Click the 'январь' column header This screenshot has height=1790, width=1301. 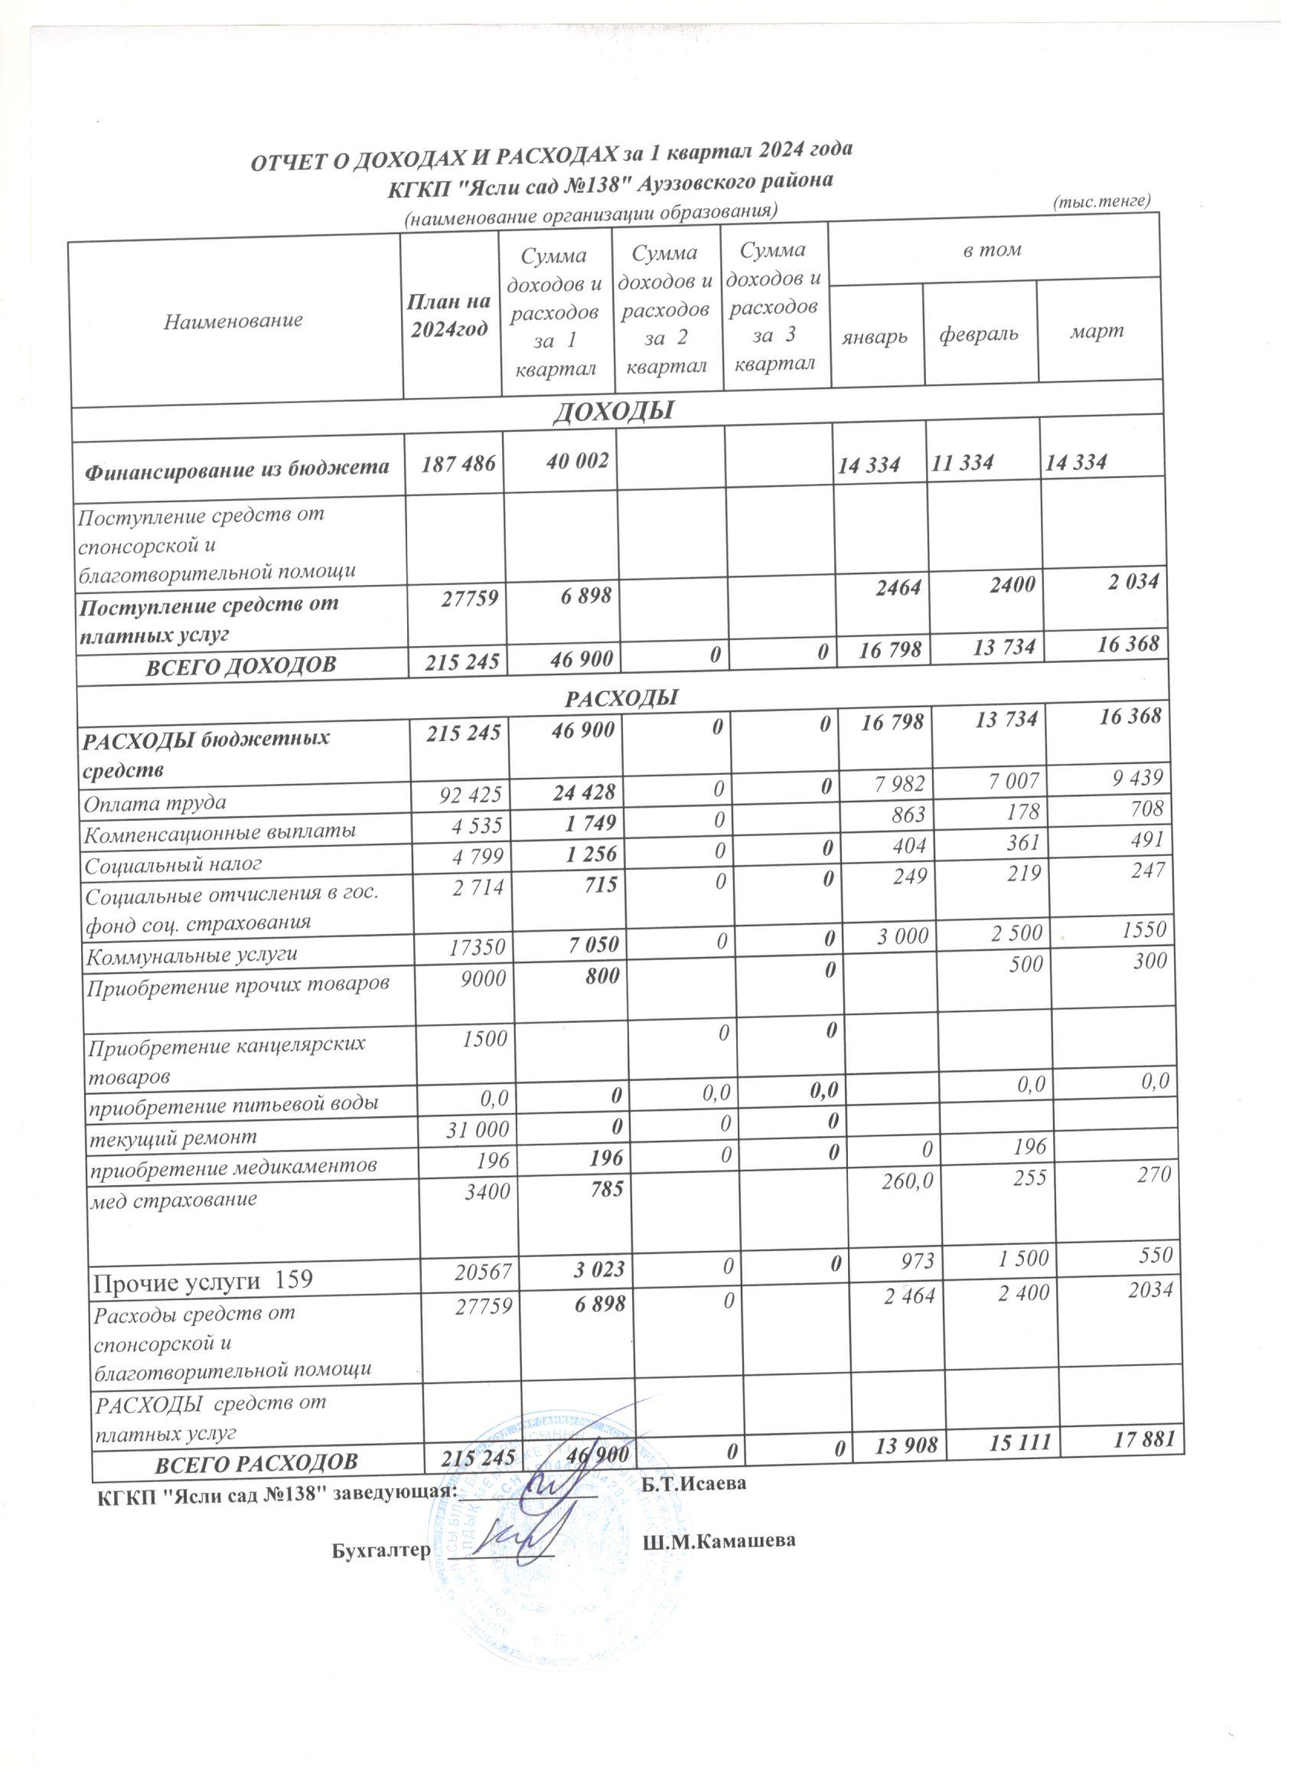tap(875, 336)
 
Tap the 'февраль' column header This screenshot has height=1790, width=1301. tap(978, 334)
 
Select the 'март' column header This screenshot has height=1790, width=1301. tap(1097, 331)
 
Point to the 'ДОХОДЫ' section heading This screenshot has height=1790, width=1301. tap(614, 410)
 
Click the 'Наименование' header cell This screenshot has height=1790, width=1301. tap(233, 321)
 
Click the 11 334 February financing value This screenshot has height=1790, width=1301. tap(962, 463)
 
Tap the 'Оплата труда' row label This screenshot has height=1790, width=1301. tap(155, 802)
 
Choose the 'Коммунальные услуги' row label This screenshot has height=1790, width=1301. tap(192, 955)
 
